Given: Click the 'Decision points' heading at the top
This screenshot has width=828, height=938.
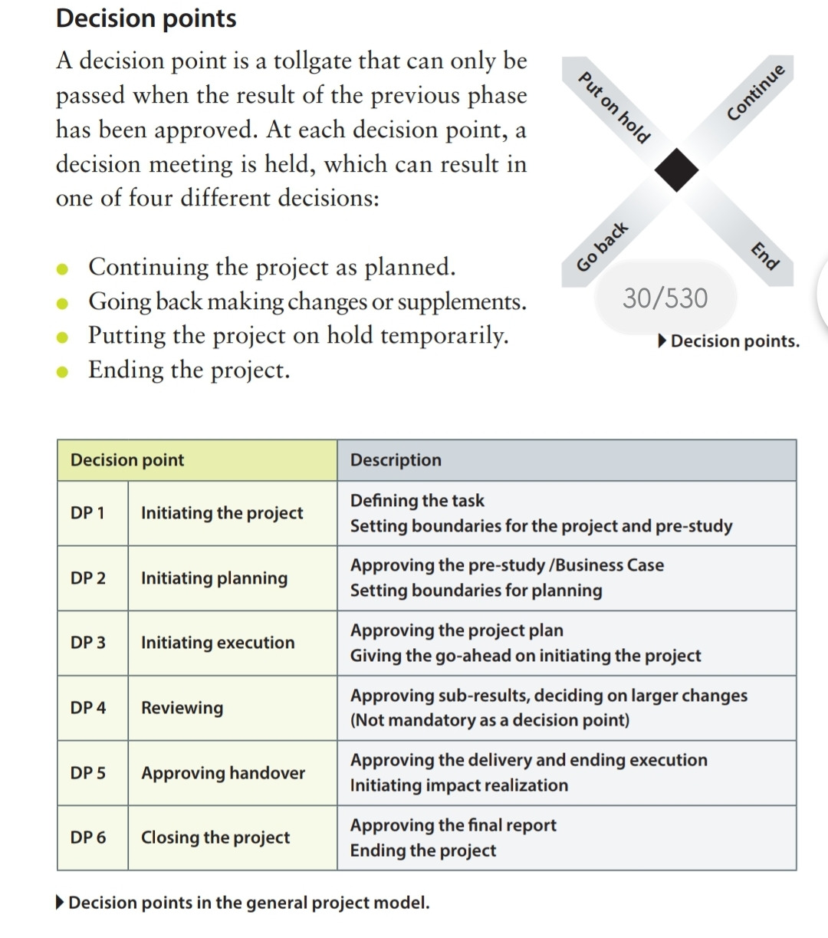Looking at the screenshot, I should pos(146,18).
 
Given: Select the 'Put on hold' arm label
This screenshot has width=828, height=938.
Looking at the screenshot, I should pos(613,107).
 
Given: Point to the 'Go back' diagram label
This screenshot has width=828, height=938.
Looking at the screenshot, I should pos(603,247).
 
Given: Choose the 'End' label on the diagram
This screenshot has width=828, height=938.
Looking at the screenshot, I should pos(764,255).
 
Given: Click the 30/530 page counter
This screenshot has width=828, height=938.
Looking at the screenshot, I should pos(665,298).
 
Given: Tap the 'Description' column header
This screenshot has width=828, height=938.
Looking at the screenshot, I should pos(396,460).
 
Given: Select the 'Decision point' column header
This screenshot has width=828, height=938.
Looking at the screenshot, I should pos(127,460).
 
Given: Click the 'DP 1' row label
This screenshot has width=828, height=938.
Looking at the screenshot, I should pos(87,513).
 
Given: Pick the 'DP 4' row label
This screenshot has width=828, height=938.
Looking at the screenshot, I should pos(88,708).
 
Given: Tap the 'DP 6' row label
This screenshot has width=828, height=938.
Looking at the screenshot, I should pos(88,838).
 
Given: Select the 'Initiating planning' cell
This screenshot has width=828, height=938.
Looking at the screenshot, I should pos(215,578).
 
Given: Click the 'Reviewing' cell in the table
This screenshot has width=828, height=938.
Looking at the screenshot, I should pos(182,708).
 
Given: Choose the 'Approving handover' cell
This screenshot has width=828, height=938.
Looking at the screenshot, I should pos(223,773).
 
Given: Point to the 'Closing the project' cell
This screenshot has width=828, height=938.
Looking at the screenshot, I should pos(215,838).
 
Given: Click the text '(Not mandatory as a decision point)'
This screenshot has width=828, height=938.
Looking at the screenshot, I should pos(490,720).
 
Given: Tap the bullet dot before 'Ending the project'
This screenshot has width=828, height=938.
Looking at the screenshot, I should pos(65,372).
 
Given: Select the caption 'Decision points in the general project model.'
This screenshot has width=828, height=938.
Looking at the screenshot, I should pos(248,903).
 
